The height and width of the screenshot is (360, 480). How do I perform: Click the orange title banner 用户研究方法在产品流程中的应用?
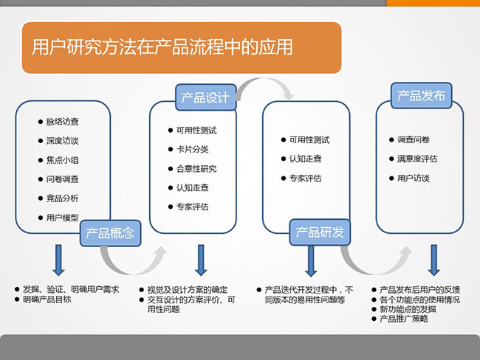point(181,48)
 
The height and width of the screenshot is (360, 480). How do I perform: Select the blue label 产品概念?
point(110,233)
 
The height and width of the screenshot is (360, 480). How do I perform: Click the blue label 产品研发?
point(320,233)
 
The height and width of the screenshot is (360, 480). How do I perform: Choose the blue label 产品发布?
point(421,96)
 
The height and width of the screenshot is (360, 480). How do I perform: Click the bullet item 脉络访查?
point(62,121)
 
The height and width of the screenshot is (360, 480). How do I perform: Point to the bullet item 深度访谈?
point(62,140)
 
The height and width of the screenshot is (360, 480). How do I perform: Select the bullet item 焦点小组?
point(62,159)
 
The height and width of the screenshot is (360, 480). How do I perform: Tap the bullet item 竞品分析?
point(62,198)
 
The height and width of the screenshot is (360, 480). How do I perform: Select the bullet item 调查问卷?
point(413,139)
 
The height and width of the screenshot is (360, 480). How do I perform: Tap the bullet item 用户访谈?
point(413,178)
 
